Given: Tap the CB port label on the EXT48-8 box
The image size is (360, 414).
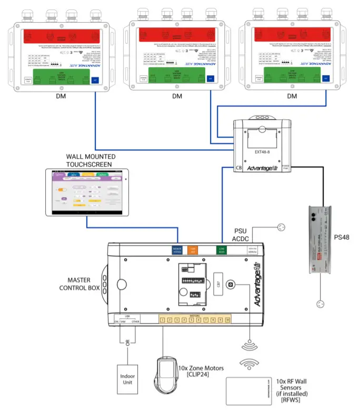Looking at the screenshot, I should coord(238,168).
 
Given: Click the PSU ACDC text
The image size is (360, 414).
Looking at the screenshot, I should coord(243,235).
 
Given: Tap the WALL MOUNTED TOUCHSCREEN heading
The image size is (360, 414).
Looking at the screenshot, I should coord(91,160).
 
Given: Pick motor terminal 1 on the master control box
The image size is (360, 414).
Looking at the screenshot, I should coord(163,319).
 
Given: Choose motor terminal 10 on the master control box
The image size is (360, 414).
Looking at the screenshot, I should coord(227,319).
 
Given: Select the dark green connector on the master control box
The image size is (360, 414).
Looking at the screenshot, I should coord(222,250).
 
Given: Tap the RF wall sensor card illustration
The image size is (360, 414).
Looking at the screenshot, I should coord(250,391).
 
